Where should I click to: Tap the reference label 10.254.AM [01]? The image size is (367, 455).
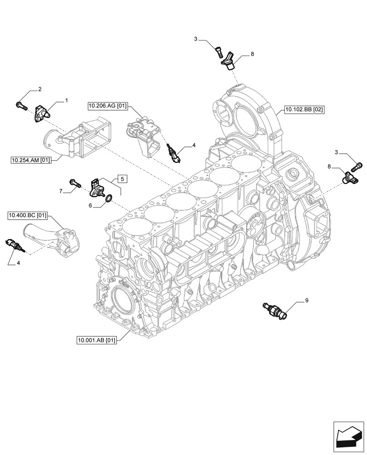pos(31,159)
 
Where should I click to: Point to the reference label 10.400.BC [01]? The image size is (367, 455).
pos(28,214)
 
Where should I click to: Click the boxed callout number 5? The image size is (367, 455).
pos(123,178)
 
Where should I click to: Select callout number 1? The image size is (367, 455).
pos(66,99)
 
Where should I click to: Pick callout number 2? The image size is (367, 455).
pos(40,89)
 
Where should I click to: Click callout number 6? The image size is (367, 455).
pos(91,205)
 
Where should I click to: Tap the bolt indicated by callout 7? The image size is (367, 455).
pos(75,184)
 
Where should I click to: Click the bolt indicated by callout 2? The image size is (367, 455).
pos(21,106)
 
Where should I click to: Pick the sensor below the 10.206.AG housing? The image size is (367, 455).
pos(174,153)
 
